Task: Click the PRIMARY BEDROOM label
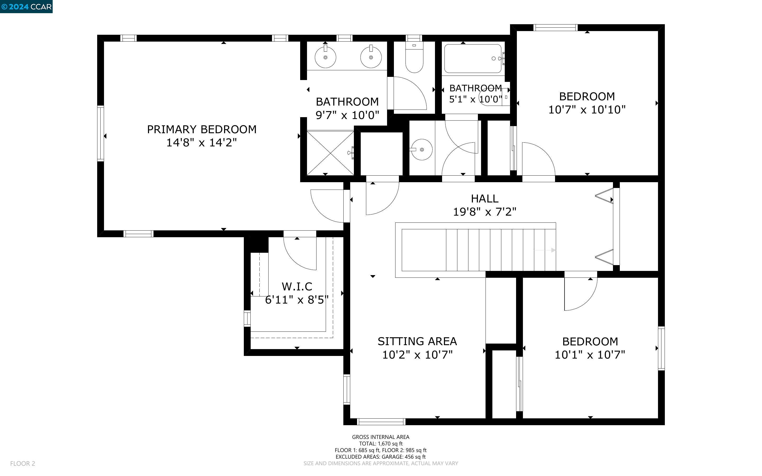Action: pos(201,129)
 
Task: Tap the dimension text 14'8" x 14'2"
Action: pos(201,143)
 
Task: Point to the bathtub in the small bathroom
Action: pos(472,58)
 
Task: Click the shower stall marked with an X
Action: pos(330,153)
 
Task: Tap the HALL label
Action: pos(484,199)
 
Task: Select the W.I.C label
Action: pos(297,286)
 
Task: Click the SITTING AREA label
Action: pos(417,341)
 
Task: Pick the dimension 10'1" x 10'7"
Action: pos(590,355)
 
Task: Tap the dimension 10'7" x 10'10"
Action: pos(587,110)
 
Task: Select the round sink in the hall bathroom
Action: pos(422,150)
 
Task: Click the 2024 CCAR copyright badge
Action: pos(26,7)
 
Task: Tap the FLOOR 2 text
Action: pos(23,463)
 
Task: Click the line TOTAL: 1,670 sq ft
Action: pos(380,444)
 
